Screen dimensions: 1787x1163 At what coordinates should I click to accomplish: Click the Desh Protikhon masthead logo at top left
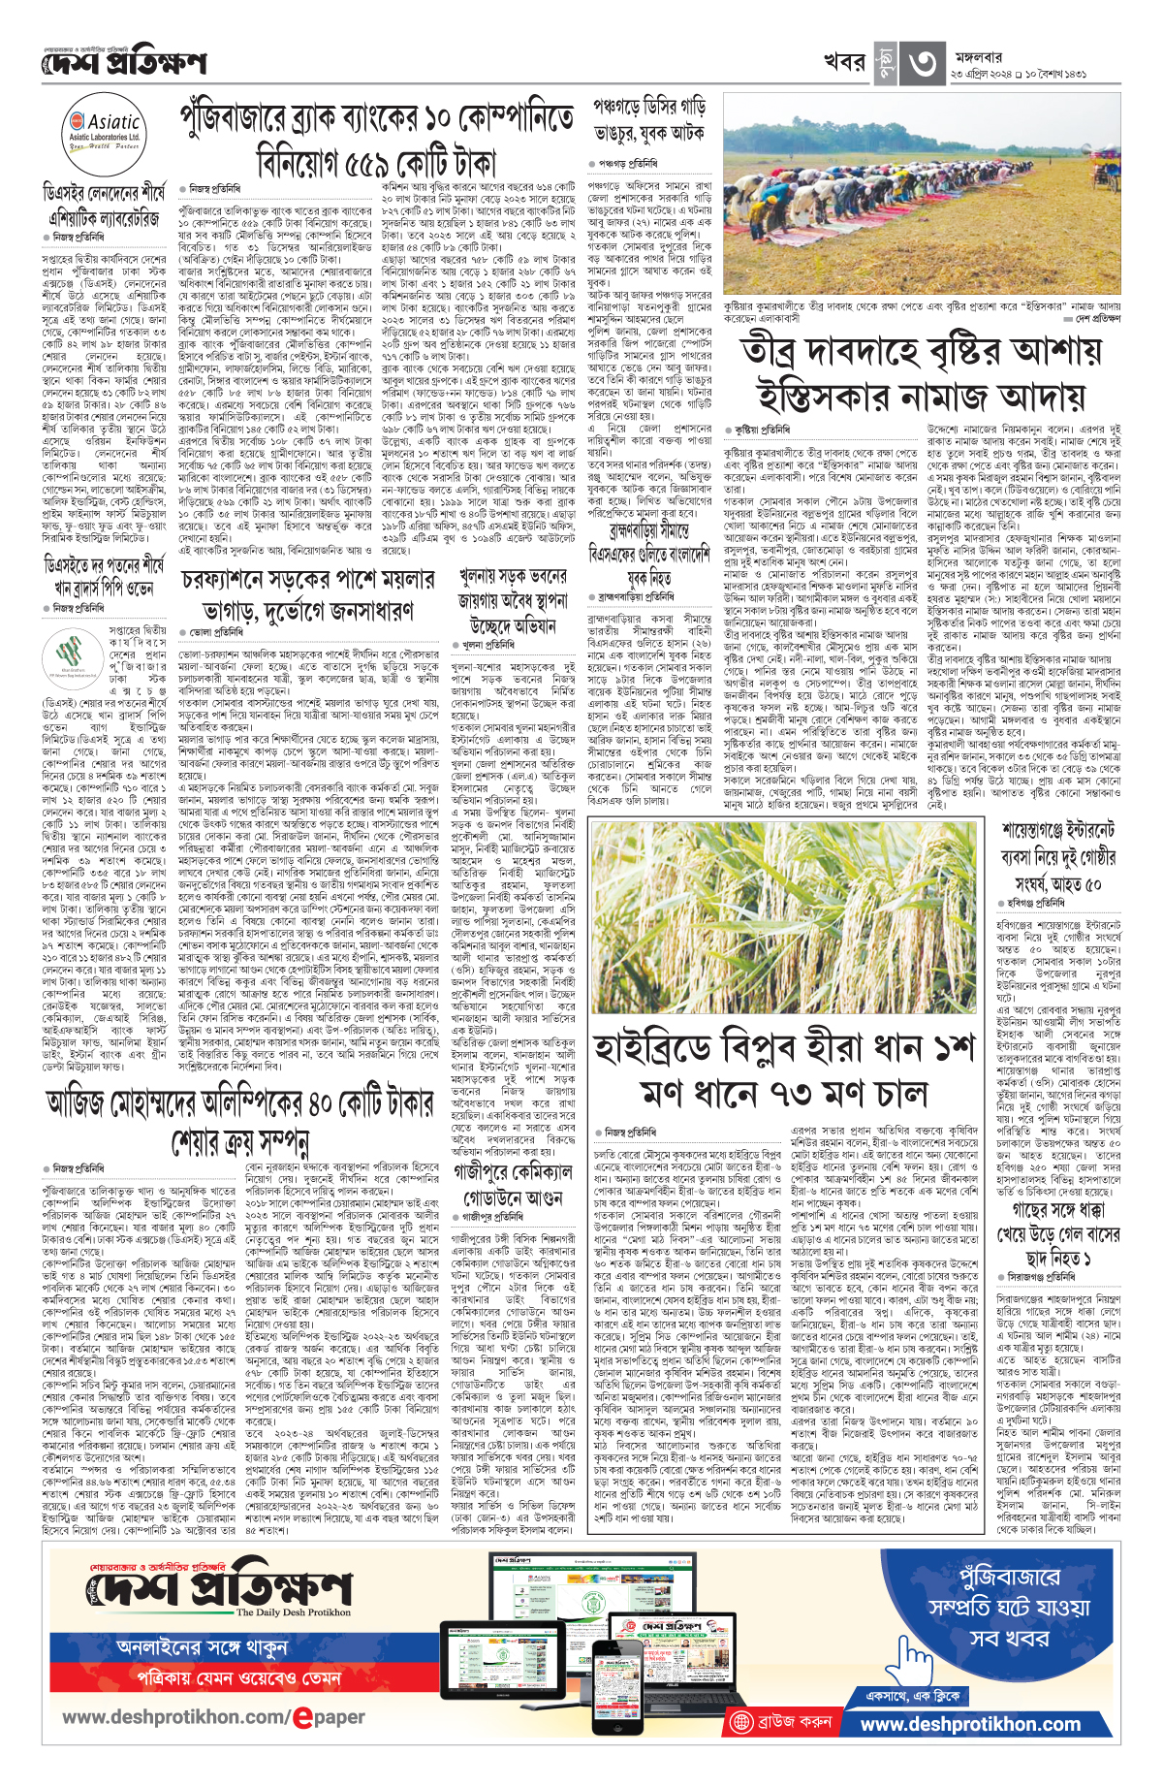click(124, 64)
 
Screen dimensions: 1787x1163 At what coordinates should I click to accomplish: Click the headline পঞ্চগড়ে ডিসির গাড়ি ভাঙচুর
click(647, 119)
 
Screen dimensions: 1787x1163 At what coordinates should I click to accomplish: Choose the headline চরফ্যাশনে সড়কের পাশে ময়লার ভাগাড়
click(308, 595)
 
